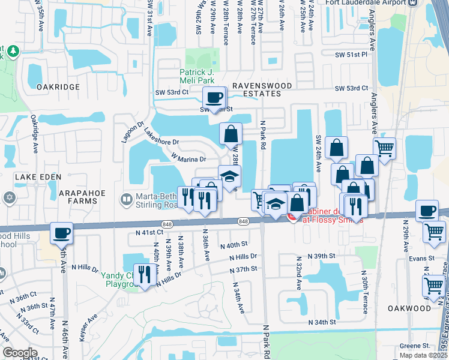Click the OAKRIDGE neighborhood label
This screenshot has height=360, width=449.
pos(58,87)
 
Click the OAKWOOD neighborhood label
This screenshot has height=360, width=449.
pos(409,308)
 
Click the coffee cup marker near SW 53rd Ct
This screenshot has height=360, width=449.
pos(214,97)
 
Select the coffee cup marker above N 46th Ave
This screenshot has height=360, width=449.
pos(61,233)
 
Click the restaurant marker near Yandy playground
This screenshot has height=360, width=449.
pos(143,275)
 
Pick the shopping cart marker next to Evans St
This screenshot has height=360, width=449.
pos(434,232)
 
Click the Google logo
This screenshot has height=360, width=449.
pos(20,353)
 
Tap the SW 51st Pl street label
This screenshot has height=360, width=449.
pos(351,55)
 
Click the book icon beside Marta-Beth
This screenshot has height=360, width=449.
pos(127,199)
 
